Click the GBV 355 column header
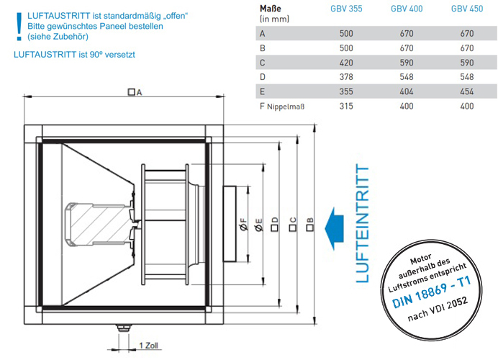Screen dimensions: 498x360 pyautogui.click(x=346, y=9)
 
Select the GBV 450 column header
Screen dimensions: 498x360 pyautogui.click(x=467, y=9)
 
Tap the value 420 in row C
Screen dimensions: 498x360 pyautogui.click(x=346, y=63)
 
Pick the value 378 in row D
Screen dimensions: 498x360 pyautogui.click(x=346, y=77)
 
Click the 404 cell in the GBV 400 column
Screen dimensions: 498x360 pyautogui.click(x=407, y=91)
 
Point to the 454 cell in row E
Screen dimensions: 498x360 pyautogui.click(x=467, y=91)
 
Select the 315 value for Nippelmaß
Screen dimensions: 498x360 pyautogui.click(x=346, y=106)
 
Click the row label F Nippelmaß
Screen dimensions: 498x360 pyautogui.click(x=282, y=107)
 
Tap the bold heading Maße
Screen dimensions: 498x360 pyautogui.click(x=271, y=9)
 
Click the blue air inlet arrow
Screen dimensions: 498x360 pyautogui.click(x=335, y=228)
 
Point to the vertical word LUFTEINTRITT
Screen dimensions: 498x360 pyautogui.click(x=363, y=223)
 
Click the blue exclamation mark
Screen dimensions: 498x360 pyautogui.click(x=19, y=27)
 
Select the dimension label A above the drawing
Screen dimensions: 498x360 pyautogui.click(x=135, y=92)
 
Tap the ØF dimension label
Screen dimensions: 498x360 pyautogui.click(x=243, y=224)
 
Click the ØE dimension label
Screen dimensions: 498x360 pyautogui.click(x=259, y=225)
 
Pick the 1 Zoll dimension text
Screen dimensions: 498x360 pyautogui.click(x=149, y=346)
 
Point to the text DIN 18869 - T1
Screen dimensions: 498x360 pyautogui.click(x=431, y=292)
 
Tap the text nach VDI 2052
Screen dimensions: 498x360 pyautogui.click(x=438, y=309)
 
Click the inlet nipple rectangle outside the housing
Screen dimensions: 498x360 pyautogui.click(x=230, y=224)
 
